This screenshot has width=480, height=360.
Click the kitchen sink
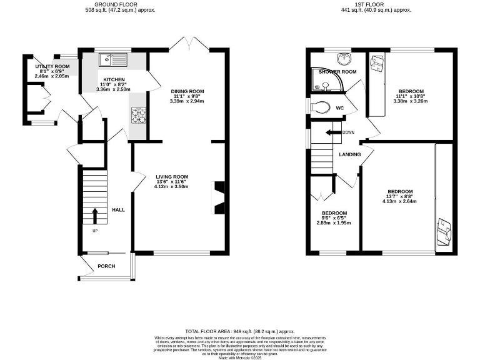113,60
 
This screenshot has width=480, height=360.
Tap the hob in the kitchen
137,115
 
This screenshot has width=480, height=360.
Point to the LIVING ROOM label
172,177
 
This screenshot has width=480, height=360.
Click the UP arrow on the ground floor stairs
95,216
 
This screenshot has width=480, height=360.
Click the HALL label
118,209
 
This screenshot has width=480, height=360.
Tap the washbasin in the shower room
342,59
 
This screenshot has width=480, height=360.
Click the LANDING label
349,154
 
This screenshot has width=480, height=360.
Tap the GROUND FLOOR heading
121,4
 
